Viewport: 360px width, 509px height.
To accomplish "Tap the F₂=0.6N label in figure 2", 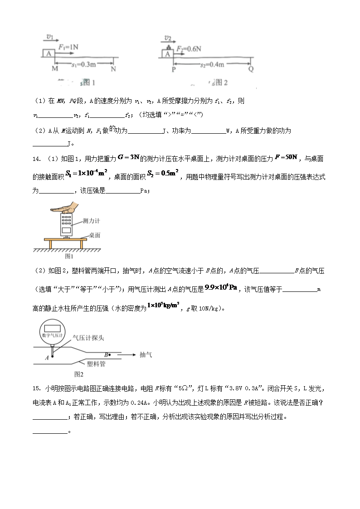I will (x=189, y=48).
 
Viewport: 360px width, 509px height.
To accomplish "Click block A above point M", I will (x=49, y=53).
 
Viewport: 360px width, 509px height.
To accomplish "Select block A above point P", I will (x=167, y=54).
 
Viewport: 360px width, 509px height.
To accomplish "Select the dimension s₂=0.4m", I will (x=212, y=65).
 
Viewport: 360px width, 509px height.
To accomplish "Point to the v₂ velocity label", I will (x=168, y=38).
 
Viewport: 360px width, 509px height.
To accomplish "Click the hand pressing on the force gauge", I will (x=66, y=209).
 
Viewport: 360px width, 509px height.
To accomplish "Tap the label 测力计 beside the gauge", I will (x=91, y=221).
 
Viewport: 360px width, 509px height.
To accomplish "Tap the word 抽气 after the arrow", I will (x=146, y=355).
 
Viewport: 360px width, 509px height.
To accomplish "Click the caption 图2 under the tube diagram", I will (x=78, y=374).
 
